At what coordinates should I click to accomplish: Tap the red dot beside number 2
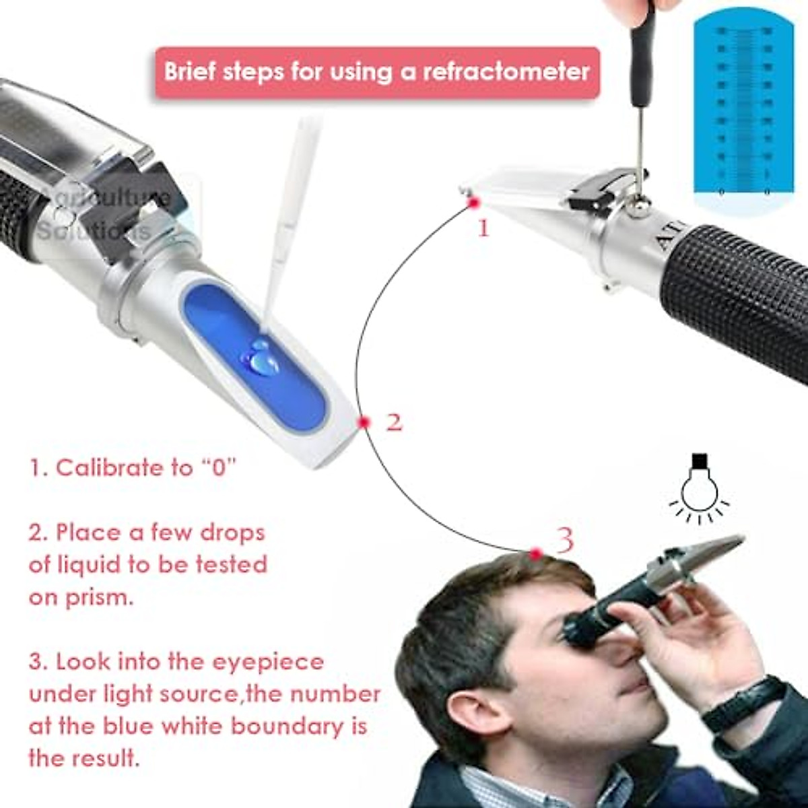click(364, 422)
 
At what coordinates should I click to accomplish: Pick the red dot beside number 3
click(536, 553)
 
